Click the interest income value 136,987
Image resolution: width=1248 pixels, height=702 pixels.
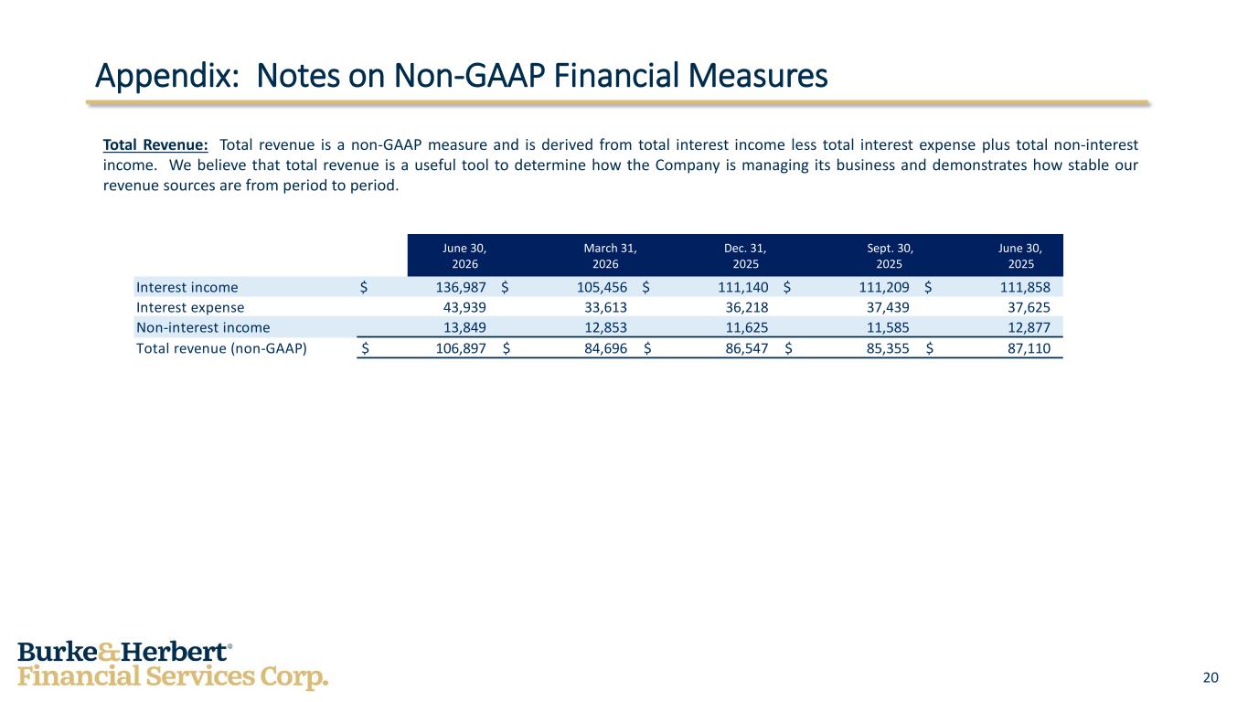pyautogui.click(x=460, y=288)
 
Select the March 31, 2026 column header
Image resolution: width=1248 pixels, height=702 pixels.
pyautogui.click(x=610, y=256)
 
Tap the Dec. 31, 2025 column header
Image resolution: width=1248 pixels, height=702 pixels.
pyautogui.click(x=745, y=256)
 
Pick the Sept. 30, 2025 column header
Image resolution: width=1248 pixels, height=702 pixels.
pyautogui.click(x=890, y=256)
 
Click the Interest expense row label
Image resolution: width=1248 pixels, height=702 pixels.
pyautogui.click(x=190, y=307)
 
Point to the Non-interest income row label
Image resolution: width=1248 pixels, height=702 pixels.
pyautogui.click(x=203, y=327)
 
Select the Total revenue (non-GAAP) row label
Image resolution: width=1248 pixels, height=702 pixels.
pyautogui.click(x=221, y=349)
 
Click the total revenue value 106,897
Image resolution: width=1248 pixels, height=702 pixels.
pyautogui.click(x=460, y=349)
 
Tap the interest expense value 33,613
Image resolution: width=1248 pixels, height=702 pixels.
pyautogui.click(x=605, y=307)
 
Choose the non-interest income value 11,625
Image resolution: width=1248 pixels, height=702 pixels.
pyautogui.click(x=747, y=327)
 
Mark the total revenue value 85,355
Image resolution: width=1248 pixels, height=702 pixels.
pyautogui.click(x=888, y=349)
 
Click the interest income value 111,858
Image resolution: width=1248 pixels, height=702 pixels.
pyautogui.click(x=1025, y=288)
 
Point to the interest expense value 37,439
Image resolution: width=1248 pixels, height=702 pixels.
pyautogui.click(x=888, y=307)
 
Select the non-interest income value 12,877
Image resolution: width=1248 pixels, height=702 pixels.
pyautogui.click(x=1029, y=327)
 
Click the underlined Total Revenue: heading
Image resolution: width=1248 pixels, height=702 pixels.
pyautogui.click(x=155, y=144)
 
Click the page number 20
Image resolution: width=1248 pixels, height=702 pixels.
pyautogui.click(x=1211, y=677)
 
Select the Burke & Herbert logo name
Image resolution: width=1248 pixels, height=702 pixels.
pyautogui.click(x=124, y=652)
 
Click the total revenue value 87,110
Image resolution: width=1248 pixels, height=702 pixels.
pyautogui.click(x=1029, y=349)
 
